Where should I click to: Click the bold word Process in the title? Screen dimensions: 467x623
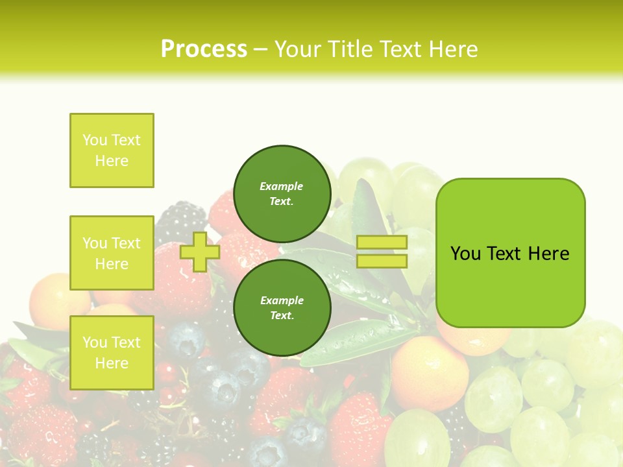pos(204,49)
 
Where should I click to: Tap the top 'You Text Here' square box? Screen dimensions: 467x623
pos(112,150)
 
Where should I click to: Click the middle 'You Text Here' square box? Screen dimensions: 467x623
pos(112,253)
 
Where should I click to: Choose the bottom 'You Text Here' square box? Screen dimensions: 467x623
pos(112,353)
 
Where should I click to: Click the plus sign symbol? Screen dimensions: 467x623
pos(200,252)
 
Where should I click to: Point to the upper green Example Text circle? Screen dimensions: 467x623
pos(282,193)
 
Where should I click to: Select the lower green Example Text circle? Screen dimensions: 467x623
pos(282,307)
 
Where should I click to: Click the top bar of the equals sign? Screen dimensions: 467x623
pos(382,242)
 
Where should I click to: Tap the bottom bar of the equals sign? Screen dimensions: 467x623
pos(382,261)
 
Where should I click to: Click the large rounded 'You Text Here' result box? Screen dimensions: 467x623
pos(510,253)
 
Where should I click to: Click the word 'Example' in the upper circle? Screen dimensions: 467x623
pos(282,186)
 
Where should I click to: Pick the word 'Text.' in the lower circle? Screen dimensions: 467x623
pos(282,316)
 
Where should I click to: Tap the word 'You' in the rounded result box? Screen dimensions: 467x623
pos(465,254)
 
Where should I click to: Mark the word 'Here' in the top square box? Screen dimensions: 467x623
pos(112,161)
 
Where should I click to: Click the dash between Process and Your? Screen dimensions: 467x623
pos(261,49)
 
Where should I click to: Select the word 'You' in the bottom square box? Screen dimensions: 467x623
pos(94,342)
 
